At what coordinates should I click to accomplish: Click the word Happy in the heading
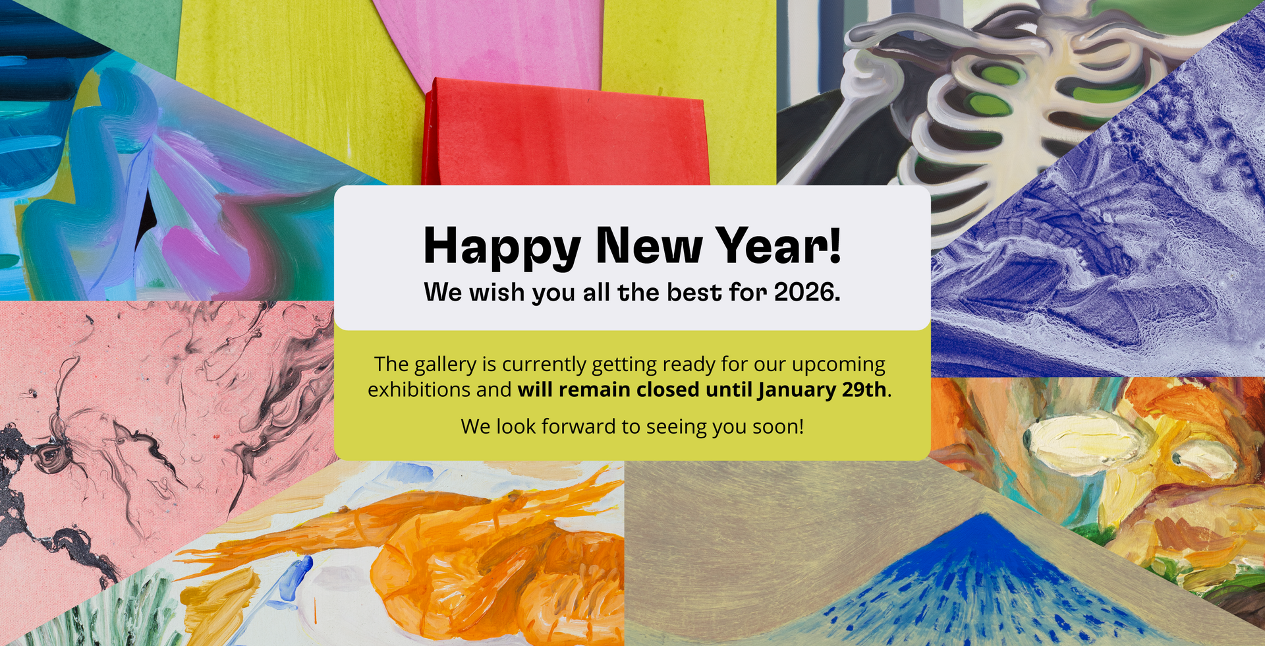click(501, 247)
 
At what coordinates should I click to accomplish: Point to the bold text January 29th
click(822, 390)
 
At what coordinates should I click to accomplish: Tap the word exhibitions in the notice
click(419, 390)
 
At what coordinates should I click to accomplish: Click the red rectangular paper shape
click(567, 135)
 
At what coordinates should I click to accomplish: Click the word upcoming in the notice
click(838, 365)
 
